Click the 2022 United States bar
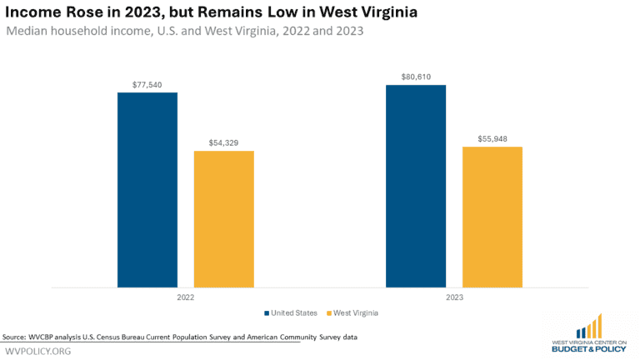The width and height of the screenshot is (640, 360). (147, 190)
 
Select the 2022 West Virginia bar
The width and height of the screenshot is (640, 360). (223, 219)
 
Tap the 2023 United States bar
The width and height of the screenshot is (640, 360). (415, 186)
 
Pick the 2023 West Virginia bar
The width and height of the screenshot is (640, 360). (492, 217)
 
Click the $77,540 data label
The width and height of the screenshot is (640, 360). (147, 85)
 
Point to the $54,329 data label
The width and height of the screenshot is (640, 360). (223, 143)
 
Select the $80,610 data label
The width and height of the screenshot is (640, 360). (415, 77)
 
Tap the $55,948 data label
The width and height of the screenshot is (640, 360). (492, 139)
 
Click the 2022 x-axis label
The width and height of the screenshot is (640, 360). (186, 297)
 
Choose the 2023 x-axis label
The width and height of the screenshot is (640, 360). (453, 297)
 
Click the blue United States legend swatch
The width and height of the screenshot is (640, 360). (267, 313)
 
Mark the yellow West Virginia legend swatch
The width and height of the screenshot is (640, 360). (328, 313)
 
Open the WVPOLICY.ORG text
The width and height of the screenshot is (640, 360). (38, 351)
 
